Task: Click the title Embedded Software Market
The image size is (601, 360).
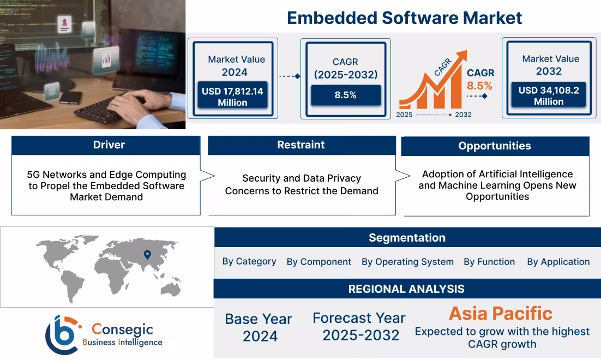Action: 404,18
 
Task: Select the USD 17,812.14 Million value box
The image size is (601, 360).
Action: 232,97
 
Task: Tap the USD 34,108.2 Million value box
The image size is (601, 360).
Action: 548,96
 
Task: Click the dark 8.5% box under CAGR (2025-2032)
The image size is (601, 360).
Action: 345,95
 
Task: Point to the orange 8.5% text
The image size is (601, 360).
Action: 479,86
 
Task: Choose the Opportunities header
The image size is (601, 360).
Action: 494,146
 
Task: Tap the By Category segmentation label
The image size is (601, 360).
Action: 249,261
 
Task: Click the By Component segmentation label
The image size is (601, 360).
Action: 318,262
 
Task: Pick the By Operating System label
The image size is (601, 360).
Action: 407,262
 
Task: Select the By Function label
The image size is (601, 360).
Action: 489,262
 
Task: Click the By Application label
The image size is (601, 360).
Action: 558,262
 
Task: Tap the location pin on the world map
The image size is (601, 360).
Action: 147,254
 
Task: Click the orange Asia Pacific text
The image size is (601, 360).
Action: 500,313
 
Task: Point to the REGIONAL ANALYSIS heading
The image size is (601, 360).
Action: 406,289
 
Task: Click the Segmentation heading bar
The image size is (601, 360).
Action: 407,238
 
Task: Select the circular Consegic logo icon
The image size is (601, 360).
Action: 62,335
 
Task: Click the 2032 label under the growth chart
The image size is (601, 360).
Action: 462,115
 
